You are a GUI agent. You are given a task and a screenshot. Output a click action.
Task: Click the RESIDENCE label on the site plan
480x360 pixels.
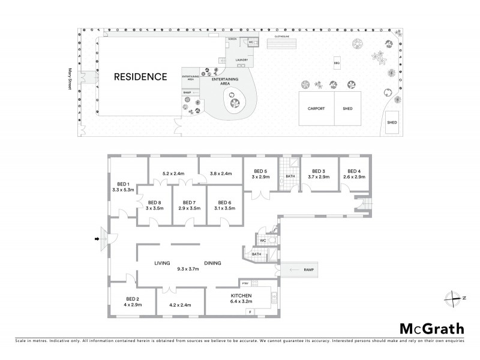point(141,77)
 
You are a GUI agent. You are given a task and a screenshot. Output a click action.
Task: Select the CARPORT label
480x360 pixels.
point(316,109)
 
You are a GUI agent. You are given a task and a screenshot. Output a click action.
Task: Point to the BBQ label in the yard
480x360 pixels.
point(337,62)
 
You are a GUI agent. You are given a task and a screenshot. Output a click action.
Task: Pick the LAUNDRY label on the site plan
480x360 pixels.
point(242,60)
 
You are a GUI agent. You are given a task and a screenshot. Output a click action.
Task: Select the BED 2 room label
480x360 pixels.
point(133,299)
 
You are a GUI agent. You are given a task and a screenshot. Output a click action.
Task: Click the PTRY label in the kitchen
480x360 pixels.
point(245,283)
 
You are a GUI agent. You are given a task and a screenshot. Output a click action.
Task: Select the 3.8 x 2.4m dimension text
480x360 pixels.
point(221,174)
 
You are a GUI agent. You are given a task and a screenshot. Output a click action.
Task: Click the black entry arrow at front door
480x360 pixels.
point(96,240)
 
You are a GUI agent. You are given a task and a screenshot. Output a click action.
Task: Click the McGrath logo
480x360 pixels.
point(431,328)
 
